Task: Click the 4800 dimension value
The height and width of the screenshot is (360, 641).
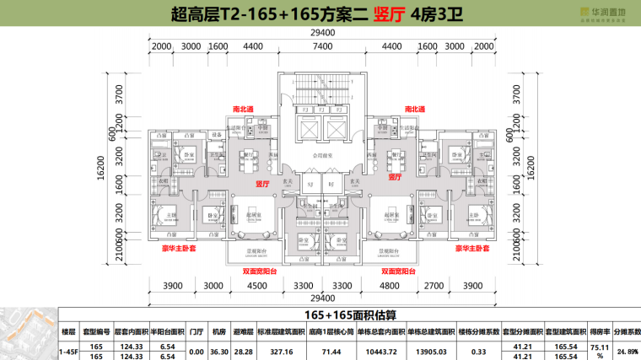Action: click(390, 286)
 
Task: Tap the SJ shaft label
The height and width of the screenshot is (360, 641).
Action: click(310, 184)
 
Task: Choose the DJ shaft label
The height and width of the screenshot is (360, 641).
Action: click(331, 184)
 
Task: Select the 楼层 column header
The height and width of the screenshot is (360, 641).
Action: click(70, 333)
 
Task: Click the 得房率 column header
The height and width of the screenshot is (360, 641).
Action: click(598, 333)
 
